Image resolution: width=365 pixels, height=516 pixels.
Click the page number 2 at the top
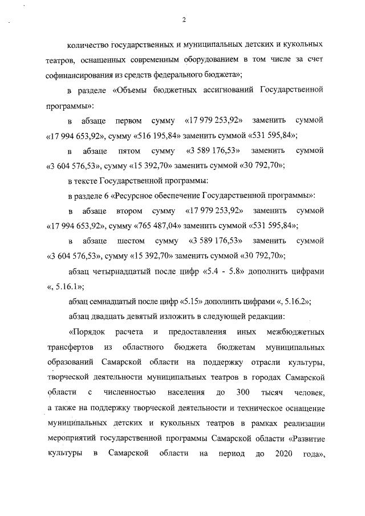[x=184, y=21]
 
